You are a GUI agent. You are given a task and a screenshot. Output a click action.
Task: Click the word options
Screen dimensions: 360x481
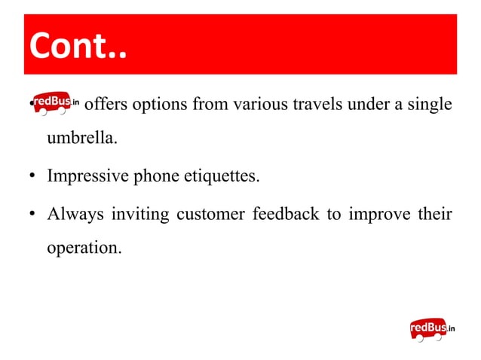161,104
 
